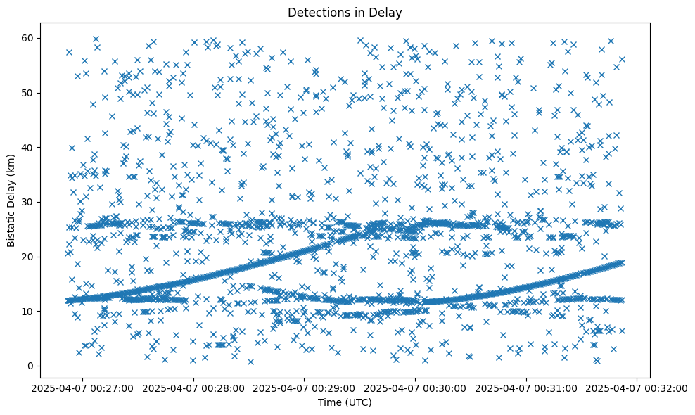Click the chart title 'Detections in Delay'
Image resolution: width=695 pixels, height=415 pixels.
(x=345, y=12)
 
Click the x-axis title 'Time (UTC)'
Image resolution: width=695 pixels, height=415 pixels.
(x=345, y=402)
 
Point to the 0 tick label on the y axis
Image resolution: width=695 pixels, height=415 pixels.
(x=30, y=366)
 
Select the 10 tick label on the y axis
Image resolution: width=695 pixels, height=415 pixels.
(x=28, y=311)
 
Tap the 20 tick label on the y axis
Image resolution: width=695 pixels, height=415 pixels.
(x=28, y=257)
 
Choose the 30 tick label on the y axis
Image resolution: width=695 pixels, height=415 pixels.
(x=28, y=202)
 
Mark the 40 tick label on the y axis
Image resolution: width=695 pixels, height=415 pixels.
(x=28, y=147)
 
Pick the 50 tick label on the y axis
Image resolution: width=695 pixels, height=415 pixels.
(x=28, y=93)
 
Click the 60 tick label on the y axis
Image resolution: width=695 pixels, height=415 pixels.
(x=28, y=38)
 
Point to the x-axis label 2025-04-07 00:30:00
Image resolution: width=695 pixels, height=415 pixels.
(x=415, y=387)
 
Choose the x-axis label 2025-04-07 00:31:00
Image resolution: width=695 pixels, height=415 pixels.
(x=526, y=387)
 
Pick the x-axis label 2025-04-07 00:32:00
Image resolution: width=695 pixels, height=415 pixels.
(x=637, y=387)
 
